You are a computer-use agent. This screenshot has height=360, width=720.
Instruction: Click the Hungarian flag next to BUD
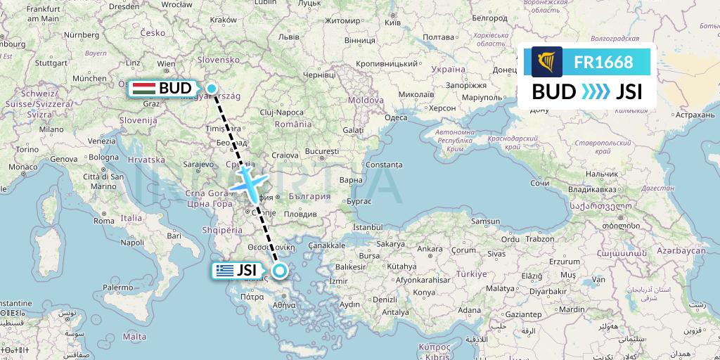(x=144, y=89)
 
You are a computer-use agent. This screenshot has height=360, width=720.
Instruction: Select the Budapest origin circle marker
(x=212, y=88)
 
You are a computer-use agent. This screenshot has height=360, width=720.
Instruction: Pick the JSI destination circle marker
(x=280, y=271)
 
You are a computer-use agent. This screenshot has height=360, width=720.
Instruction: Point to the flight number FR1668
(x=603, y=62)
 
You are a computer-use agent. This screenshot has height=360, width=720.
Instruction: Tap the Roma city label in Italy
(x=103, y=221)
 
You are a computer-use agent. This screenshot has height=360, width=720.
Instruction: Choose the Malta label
(x=134, y=337)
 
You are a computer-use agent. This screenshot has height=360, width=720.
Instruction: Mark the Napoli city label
(x=132, y=242)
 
